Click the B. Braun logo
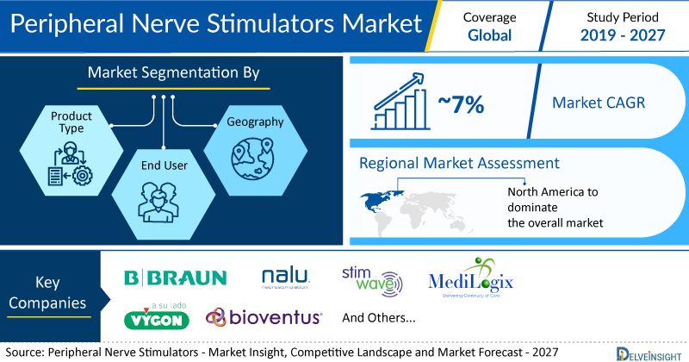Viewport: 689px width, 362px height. coord(176,278)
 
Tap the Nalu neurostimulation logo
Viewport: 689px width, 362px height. coord(287,278)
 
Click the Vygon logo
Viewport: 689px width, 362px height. coord(157,315)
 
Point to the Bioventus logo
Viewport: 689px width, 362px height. coord(264,317)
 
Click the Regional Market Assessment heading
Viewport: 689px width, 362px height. coord(459,163)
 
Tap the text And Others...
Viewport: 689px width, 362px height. coord(379,317)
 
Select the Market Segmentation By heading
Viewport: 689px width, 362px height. coord(173,73)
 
